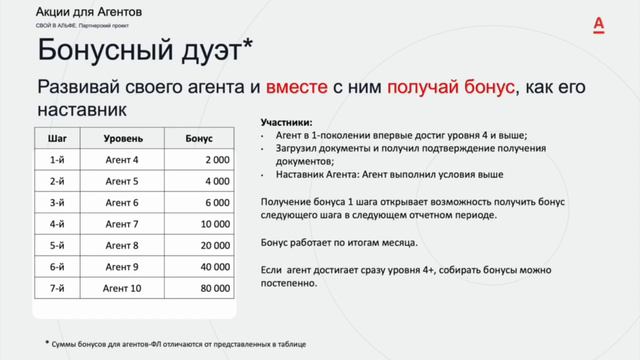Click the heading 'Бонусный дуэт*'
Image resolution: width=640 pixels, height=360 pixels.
click(145, 50)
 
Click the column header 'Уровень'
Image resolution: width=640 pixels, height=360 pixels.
click(122, 136)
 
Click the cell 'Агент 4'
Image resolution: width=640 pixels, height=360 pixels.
click(122, 158)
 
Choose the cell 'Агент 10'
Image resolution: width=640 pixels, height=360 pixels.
click(122, 288)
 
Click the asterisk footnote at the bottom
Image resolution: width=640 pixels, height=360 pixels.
click(176, 343)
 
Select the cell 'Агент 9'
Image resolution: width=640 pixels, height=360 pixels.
click(122, 267)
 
